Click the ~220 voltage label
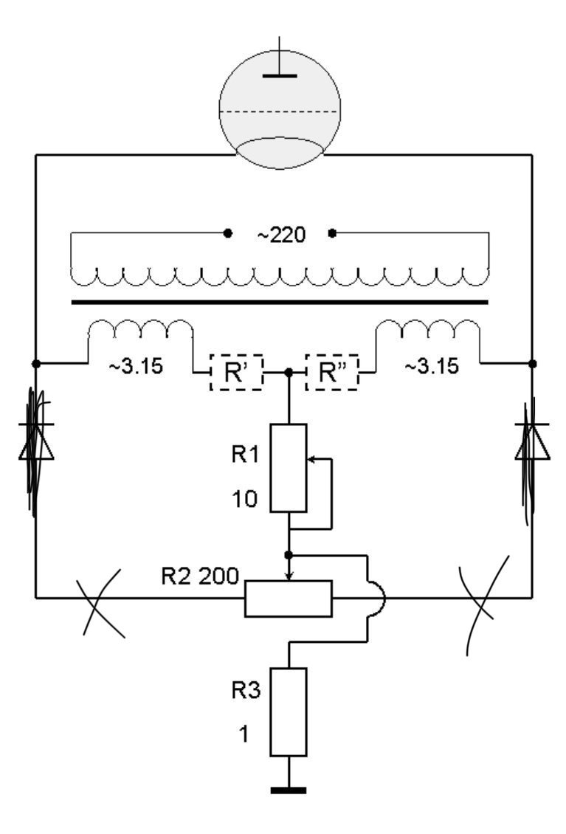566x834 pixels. (x=281, y=235)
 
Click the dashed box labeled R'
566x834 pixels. (x=236, y=372)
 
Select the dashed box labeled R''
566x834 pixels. (x=332, y=372)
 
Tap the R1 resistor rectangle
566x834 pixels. (x=289, y=468)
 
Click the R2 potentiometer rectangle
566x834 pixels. (x=289, y=599)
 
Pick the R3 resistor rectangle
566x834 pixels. (x=289, y=711)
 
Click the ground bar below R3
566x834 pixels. (x=289, y=790)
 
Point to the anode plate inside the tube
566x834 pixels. (x=280, y=76)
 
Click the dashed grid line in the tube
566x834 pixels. (x=280, y=111)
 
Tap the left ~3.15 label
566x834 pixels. (x=137, y=367)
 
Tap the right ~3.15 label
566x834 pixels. (x=432, y=367)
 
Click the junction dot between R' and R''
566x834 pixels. (x=289, y=373)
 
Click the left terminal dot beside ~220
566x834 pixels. (x=228, y=233)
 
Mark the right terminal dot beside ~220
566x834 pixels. (x=333, y=233)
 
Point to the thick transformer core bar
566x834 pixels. (x=280, y=303)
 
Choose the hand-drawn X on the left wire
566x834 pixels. (x=100, y=602)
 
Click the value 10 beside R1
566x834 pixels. (x=245, y=500)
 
